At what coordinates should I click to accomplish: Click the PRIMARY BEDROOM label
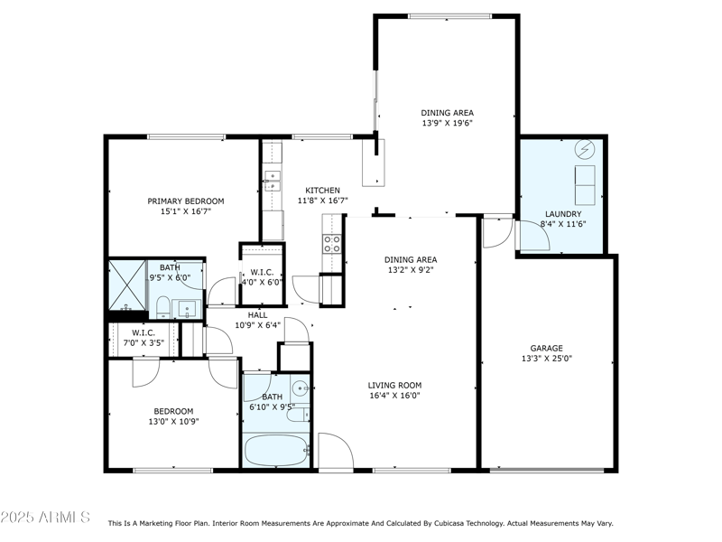pyautogui.click(x=186, y=201)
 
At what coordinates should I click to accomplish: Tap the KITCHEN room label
pyautogui.click(x=323, y=191)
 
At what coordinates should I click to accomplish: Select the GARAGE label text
pyautogui.click(x=547, y=349)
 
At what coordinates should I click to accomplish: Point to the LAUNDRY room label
pyautogui.click(x=563, y=214)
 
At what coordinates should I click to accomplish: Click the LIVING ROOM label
pyautogui.click(x=394, y=386)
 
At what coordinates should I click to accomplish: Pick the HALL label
pyautogui.click(x=257, y=315)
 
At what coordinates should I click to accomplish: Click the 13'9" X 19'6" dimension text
pyautogui.click(x=447, y=123)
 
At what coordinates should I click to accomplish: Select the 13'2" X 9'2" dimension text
pyautogui.click(x=411, y=270)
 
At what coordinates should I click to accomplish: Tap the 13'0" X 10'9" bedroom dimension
pyautogui.click(x=173, y=421)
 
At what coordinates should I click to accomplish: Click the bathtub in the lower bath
pyautogui.click(x=276, y=450)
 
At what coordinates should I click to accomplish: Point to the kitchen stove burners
pyautogui.click(x=331, y=244)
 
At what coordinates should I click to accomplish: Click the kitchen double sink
pyautogui.click(x=273, y=181)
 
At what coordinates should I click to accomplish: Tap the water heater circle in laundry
pyautogui.click(x=585, y=149)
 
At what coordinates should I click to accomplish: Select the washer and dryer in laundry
pyautogui.click(x=585, y=185)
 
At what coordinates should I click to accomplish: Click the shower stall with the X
pyautogui.click(x=126, y=285)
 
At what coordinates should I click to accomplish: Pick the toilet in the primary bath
pyautogui.click(x=163, y=307)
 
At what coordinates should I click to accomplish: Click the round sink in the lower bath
pyautogui.click(x=301, y=389)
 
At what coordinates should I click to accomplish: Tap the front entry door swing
pyautogui.click(x=336, y=452)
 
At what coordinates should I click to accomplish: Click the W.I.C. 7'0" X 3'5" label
pyautogui.click(x=143, y=338)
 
